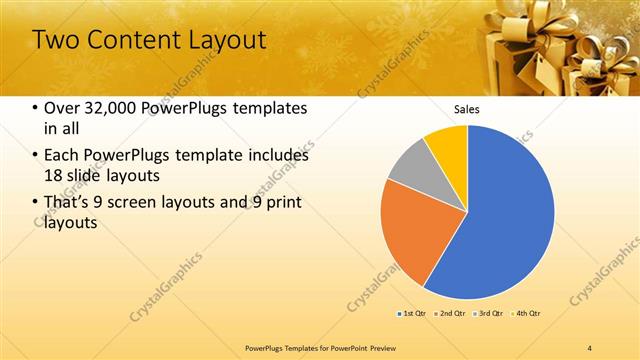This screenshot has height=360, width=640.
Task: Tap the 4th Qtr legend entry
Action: (527, 314)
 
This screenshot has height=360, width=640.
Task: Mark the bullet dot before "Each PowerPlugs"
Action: (36, 156)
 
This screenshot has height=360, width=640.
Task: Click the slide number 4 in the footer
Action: (590, 347)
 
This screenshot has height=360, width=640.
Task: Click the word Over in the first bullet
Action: (62, 108)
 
